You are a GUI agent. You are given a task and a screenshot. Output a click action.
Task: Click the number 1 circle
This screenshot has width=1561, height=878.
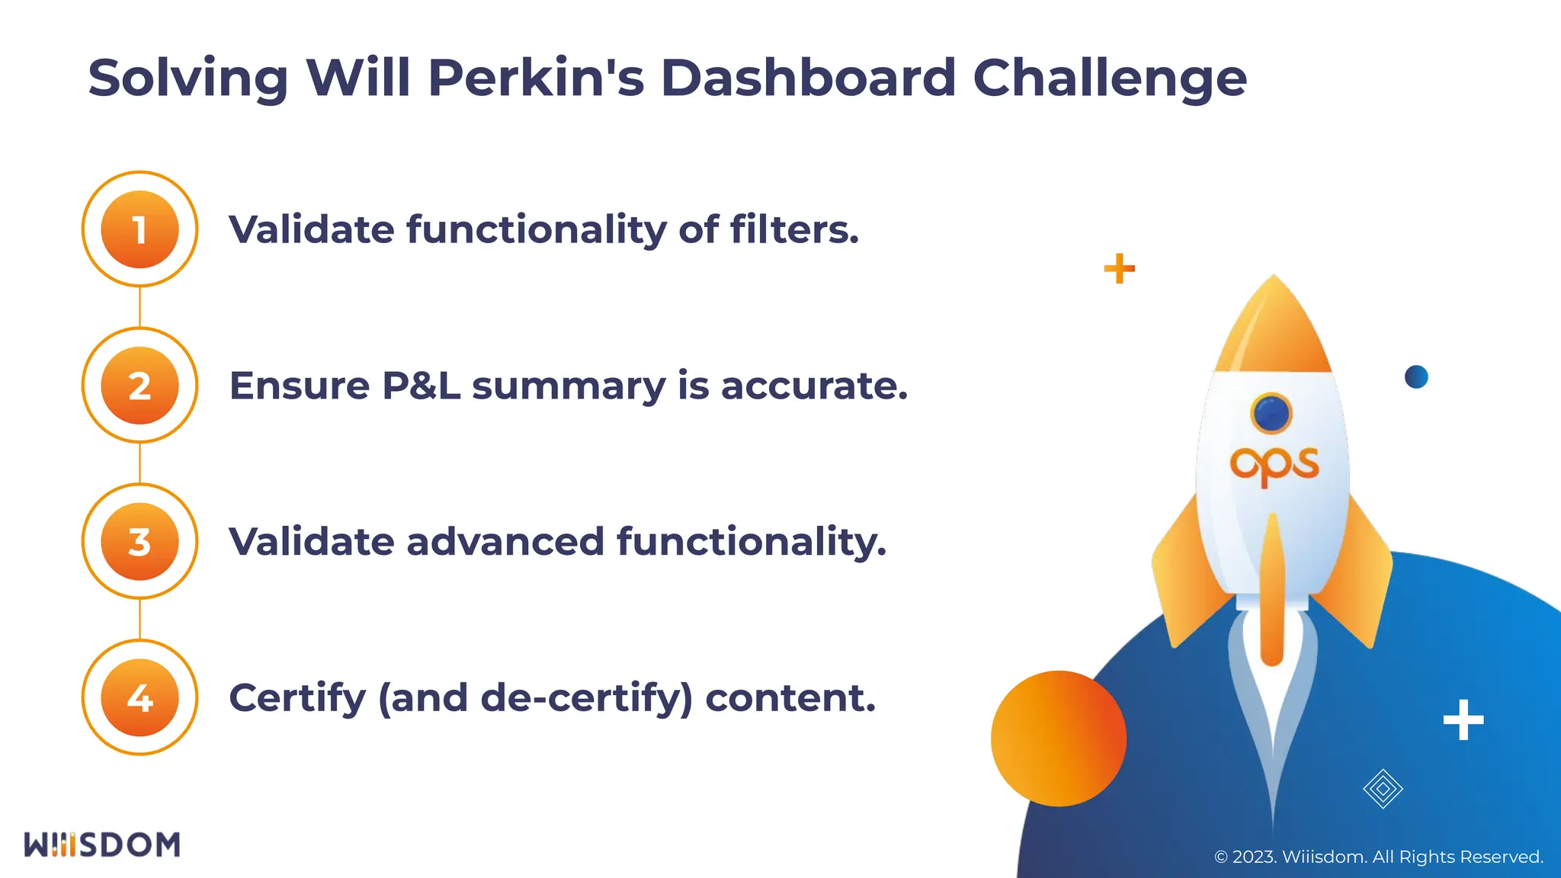[x=139, y=229]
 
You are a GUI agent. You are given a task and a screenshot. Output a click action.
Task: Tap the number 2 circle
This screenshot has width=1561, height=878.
[x=139, y=386]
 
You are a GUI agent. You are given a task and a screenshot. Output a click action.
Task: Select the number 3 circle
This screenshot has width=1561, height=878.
[x=139, y=542]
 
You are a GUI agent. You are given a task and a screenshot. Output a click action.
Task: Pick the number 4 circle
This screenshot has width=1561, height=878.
[x=139, y=697]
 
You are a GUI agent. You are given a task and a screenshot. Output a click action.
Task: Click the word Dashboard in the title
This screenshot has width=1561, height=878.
[x=808, y=78]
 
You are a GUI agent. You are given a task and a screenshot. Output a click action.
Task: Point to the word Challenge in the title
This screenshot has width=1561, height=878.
[x=1110, y=79]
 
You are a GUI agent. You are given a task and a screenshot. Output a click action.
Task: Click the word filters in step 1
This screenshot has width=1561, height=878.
[x=794, y=229]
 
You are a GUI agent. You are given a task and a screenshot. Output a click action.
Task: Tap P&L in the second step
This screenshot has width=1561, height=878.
[x=421, y=386]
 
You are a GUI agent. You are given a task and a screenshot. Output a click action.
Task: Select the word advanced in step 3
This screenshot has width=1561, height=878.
[x=505, y=542]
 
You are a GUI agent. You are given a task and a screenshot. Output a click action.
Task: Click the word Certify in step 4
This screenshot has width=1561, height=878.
[x=297, y=699]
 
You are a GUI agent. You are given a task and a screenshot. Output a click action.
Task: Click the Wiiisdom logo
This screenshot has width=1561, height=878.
[x=102, y=844]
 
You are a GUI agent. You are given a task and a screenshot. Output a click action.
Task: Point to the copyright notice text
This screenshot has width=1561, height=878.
[x=1378, y=857]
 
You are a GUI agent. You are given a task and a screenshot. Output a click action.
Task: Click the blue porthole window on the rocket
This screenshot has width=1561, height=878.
[x=1271, y=413]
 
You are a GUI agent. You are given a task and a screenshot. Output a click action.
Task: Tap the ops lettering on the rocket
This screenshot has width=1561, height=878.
[x=1274, y=464]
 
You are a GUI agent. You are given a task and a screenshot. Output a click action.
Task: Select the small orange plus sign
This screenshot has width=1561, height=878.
[x=1119, y=268]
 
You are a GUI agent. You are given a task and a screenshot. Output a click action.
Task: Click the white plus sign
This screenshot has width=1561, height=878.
[x=1463, y=719]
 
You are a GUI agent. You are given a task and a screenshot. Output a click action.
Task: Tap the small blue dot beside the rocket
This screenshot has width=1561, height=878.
[x=1416, y=377]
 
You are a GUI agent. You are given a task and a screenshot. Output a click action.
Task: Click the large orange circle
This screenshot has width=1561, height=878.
[x=1059, y=738]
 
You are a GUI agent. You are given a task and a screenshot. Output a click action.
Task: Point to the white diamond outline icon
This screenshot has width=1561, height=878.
[x=1383, y=789]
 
